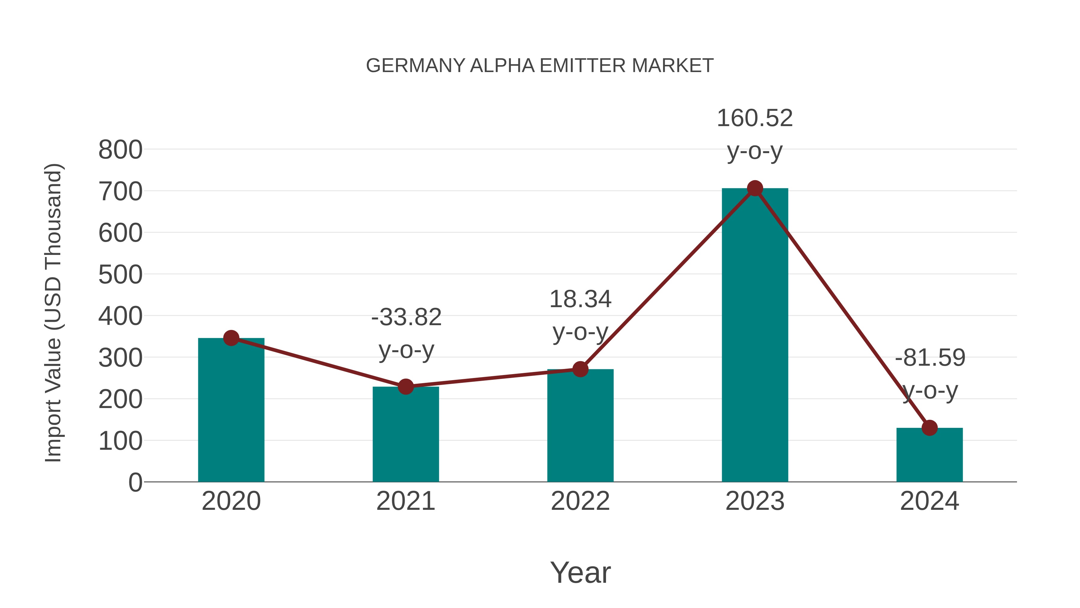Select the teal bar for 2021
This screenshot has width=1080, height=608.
tap(405, 436)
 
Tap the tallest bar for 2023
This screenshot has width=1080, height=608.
tap(755, 336)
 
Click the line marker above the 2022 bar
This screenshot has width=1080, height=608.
tap(580, 369)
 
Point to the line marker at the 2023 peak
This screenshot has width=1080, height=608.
tap(755, 188)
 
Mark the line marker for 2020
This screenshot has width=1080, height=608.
tap(231, 338)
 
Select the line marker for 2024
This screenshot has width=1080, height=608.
tap(929, 428)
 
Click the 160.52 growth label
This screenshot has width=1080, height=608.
tap(755, 118)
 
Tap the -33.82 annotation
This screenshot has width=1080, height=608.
tap(406, 317)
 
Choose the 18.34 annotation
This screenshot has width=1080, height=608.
tap(580, 300)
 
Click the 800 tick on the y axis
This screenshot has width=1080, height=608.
tap(120, 150)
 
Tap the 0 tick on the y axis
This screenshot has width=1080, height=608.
tap(135, 482)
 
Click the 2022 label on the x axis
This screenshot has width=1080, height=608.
tap(580, 501)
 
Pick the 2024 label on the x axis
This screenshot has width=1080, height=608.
tap(929, 501)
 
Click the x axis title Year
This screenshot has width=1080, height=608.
tap(580, 573)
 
